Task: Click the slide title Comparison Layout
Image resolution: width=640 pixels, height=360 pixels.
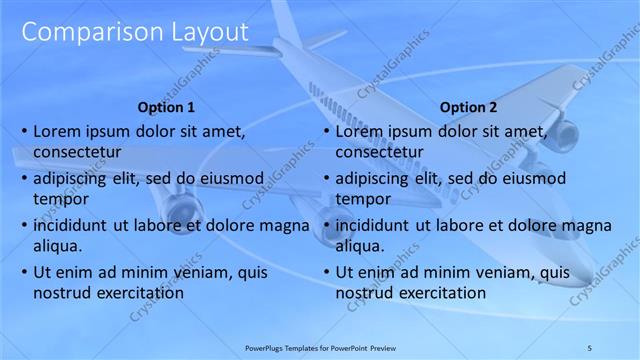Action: [x=134, y=32]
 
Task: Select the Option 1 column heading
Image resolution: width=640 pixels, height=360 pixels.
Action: [x=165, y=107]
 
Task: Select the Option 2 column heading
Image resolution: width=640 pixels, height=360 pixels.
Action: [x=467, y=107]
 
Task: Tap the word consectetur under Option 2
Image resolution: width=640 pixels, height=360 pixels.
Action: [x=379, y=152]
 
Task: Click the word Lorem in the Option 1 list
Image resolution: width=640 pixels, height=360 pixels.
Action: [x=56, y=130]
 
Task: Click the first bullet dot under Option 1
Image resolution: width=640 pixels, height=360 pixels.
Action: [x=24, y=131]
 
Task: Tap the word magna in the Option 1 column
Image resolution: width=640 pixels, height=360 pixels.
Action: [x=285, y=225]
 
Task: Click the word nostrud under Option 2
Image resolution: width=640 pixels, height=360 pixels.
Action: [x=364, y=293]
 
